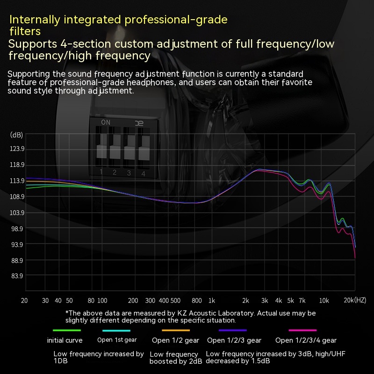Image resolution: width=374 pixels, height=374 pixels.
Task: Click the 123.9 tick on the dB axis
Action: coord(17,149)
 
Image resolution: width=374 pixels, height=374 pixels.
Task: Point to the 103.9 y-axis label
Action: coord(17,213)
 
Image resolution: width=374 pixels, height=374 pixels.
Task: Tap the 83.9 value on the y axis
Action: coord(17,276)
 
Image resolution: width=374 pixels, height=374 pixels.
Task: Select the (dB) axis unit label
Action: coord(16,135)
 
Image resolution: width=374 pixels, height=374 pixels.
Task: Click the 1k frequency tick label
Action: coord(211,300)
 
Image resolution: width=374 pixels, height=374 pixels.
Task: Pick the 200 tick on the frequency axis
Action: coord(133,300)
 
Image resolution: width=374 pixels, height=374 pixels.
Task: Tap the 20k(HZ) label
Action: coord(356,300)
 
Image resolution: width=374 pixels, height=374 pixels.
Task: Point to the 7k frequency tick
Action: coord(302,300)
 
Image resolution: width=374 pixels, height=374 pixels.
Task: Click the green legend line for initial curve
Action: coord(64,331)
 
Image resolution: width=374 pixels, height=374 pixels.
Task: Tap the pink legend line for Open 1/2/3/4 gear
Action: coord(302,331)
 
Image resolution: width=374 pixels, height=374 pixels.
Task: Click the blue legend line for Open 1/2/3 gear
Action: coord(233,331)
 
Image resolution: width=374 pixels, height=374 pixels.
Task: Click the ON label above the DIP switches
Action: coord(106,122)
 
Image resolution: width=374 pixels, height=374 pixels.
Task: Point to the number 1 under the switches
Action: coord(101,172)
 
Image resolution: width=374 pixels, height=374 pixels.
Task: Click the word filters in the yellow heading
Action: coord(25,31)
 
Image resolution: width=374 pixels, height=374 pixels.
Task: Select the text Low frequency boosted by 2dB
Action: coord(176,358)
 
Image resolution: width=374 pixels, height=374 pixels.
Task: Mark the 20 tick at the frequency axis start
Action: coord(24,300)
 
